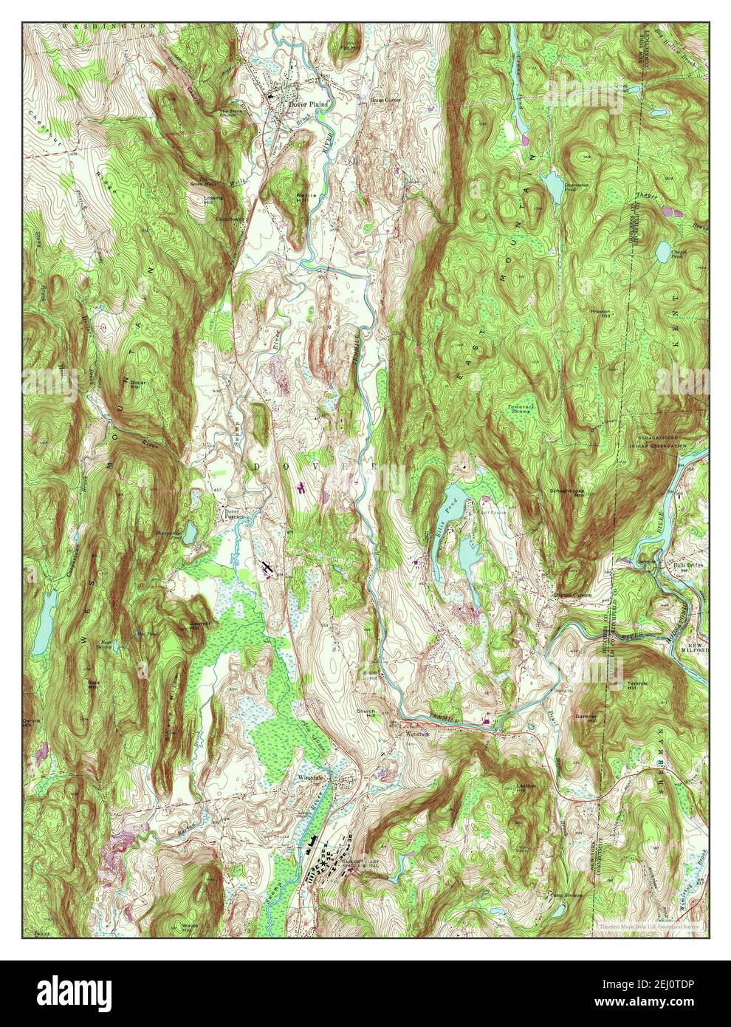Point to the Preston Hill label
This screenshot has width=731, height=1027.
click(600, 314)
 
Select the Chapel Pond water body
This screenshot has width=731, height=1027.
click(662, 252)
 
